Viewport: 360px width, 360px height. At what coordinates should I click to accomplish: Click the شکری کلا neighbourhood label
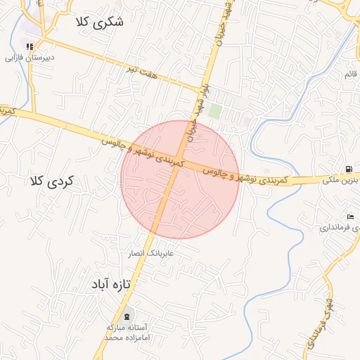(x=100, y=22)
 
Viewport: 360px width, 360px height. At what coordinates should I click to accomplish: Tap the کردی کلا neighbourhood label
(x=51, y=181)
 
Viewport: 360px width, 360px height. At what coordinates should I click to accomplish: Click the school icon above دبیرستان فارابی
(x=29, y=46)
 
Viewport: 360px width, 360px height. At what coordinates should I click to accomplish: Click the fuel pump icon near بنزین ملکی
(x=349, y=169)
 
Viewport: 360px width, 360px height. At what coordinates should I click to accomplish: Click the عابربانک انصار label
(x=149, y=252)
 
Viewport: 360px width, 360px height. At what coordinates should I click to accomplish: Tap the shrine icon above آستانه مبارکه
(x=127, y=315)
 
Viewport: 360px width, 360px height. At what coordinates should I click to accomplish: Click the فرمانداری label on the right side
(x=338, y=229)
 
